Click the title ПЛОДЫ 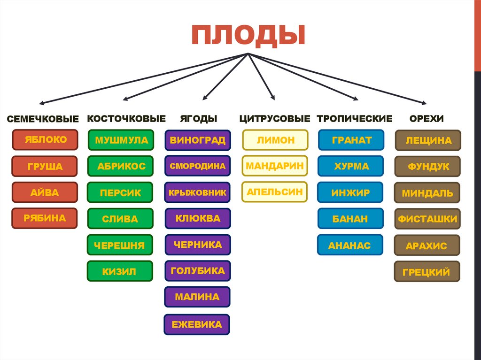coord(248,36)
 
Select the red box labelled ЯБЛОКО coord(45,140)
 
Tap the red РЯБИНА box coord(45,218)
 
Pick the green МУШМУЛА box coord(121,140)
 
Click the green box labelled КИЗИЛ coord(120,271)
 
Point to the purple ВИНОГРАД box coord(197,140)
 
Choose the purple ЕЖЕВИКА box coord(197,324)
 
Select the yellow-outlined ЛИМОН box coord(275,140)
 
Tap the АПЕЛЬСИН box coord(275,192)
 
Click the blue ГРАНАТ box coord(351,140)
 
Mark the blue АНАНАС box coord(350,245)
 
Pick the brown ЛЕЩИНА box coord(428,140)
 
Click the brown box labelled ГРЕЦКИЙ coord(427,272)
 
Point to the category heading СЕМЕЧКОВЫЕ coord(42,119)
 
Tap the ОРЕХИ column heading coord(426,119)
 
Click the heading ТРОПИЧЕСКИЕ coord(354,119)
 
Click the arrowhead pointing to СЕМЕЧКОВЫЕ coord(42,103)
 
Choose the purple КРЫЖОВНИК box coord(197,192)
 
